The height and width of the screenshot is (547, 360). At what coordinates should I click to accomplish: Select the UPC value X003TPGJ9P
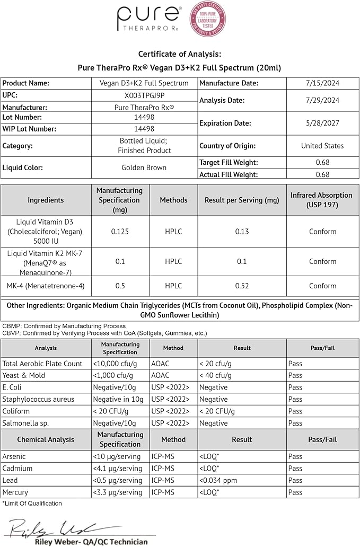point(144,95)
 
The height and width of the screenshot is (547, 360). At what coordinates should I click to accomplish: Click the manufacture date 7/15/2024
point(322,83)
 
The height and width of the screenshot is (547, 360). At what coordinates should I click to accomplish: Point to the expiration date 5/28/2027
point(322,123)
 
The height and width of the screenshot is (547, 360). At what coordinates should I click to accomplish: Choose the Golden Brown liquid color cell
point(144,167)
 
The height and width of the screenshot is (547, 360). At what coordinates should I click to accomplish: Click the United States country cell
point(322,146)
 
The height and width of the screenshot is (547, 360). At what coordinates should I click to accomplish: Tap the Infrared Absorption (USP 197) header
point(322,200)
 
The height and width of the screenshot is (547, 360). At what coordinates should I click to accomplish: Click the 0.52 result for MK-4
point(242,286)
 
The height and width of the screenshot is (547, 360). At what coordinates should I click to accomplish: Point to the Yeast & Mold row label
point(24,375)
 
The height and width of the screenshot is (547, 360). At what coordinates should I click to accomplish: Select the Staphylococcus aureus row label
point(38,399)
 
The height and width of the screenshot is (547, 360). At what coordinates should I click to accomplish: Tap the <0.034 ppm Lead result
point(217,480)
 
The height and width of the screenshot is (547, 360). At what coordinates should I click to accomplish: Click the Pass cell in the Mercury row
point(295,492)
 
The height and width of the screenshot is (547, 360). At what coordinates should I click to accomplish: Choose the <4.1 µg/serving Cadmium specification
point(117,469)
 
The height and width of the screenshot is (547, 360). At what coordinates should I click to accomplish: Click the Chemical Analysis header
point(46,439)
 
